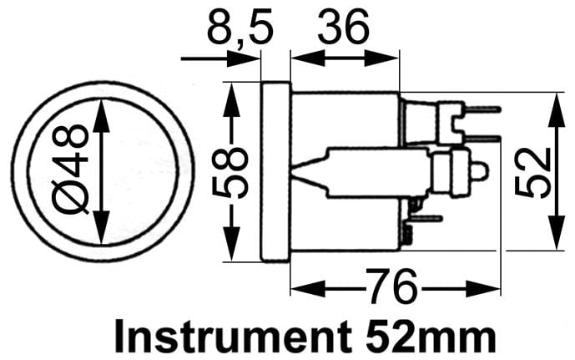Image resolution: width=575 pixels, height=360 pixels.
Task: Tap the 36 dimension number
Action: pyautogui.click(x=343, y=28)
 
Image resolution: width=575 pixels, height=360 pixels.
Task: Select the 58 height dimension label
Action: pyautogui.click(x=230, y=172)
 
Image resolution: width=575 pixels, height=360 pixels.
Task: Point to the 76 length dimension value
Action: pyautogui.click(x=391, y=287)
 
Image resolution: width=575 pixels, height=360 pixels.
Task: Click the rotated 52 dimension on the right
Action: pyautogui.click(x=532, y=172)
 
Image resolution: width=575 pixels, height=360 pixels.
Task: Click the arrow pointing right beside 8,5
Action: pyautogui.click(x=220, y=58)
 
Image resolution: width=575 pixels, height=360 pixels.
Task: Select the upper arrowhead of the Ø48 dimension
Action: pyautogui.click(x=101, y=115)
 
